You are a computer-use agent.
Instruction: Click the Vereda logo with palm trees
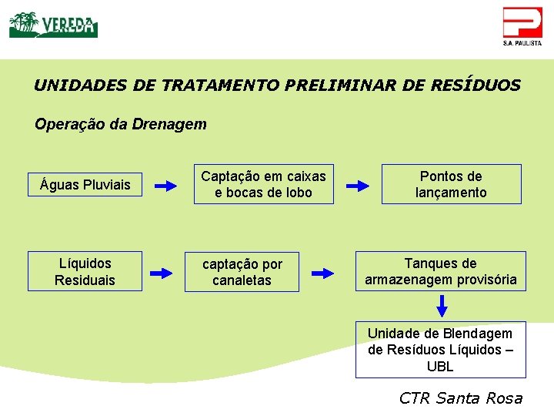click(53, 25)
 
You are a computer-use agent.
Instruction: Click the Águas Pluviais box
click(85, 185)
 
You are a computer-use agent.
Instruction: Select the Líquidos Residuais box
click(85, 272)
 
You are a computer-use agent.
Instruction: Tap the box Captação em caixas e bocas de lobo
click(263, 184)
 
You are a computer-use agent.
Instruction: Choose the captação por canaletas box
click(242, 272)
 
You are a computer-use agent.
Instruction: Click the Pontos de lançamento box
click(451, 184)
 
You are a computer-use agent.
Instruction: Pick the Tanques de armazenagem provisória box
click(440, 271)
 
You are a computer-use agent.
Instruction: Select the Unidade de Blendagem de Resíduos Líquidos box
click(440, 350)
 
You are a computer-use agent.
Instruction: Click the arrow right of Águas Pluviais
click(165, 186)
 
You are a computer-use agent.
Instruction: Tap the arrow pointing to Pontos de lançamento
click(358, 186)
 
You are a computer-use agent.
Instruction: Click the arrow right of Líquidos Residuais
click(161, 273)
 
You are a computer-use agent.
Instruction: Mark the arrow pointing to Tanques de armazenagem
click(322, 273)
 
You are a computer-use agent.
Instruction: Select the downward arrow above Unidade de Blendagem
click(442, 306)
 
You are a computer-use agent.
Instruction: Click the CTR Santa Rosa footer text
click(461, 398)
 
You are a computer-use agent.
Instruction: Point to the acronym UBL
click(440, 367)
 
